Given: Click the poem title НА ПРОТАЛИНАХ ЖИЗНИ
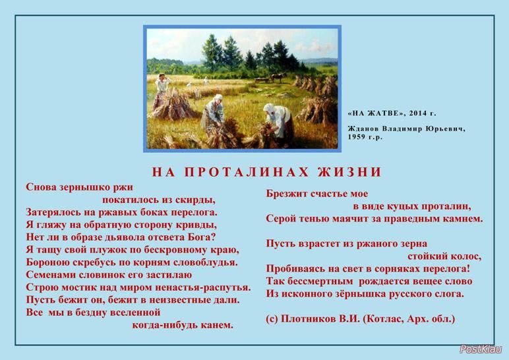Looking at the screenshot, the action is (x=266, y=171).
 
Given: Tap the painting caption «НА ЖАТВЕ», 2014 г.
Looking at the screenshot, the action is (x=392, y=113).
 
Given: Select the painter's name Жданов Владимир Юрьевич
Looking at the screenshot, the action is (x=406, y=129).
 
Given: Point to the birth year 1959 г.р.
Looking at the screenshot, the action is (x=365, y=136).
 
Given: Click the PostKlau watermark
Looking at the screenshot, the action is (x=481, y=349).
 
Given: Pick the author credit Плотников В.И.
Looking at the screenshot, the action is (x=320, y=318).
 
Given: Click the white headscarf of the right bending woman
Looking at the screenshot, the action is (x=268, y=107).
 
